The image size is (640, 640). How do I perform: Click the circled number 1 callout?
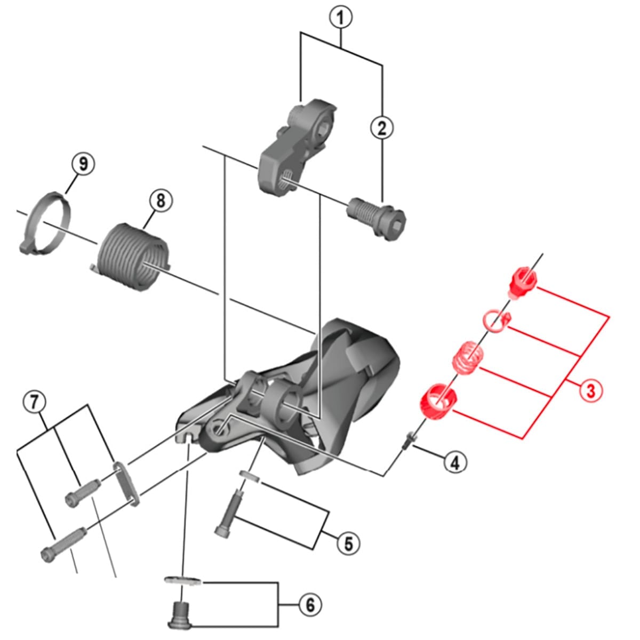point(341,18)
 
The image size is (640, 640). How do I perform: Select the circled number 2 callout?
point(382,128)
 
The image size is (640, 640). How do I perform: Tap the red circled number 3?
point(590,390)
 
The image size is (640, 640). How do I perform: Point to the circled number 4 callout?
point(454,462)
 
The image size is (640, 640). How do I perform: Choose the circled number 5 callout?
point(348,544)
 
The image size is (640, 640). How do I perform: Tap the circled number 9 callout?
point(83,164)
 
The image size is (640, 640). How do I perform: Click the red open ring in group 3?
point(495,321)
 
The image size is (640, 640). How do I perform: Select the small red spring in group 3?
point(468,356)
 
